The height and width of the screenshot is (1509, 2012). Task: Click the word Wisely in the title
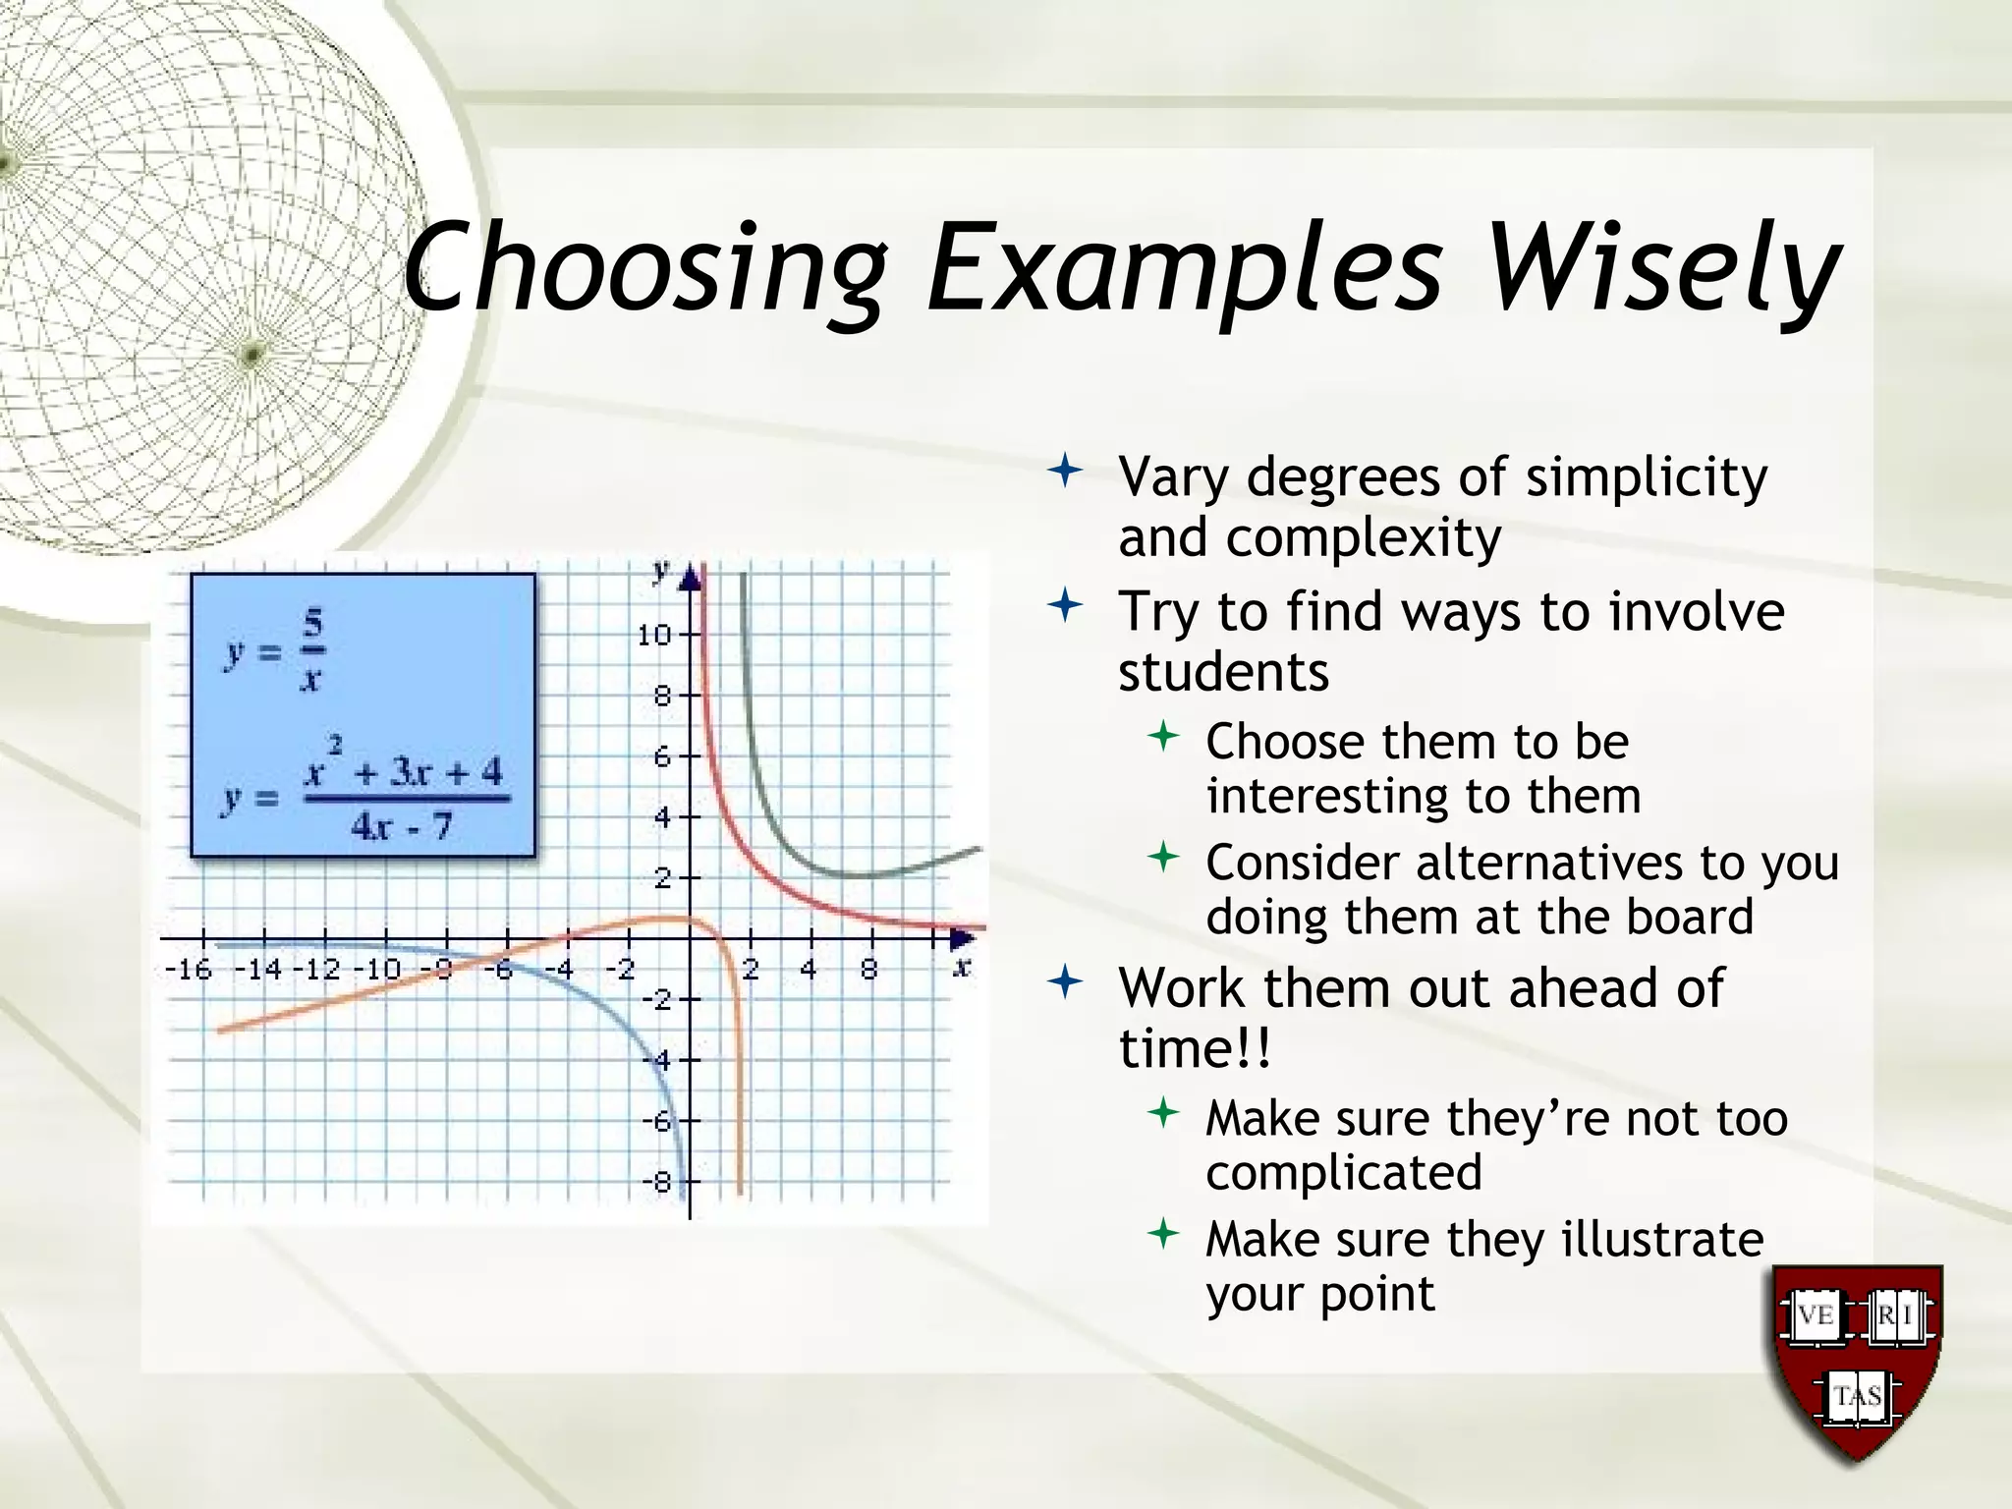1662,267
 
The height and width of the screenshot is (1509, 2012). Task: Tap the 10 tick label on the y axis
653,635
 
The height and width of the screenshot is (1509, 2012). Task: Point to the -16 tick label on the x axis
188,971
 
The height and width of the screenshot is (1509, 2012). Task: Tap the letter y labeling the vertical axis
661,570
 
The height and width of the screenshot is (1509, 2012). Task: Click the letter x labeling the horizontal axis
962,968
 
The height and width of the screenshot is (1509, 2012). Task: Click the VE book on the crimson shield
1815,1314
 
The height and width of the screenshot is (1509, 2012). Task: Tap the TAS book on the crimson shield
1857,1396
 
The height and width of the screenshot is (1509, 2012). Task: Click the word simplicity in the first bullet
1646,477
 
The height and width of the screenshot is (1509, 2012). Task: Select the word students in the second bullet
1223,673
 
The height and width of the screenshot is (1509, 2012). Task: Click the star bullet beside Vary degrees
1065,473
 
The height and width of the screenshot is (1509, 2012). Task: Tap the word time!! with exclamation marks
1194,1049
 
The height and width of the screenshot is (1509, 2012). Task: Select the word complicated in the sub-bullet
1343,1173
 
